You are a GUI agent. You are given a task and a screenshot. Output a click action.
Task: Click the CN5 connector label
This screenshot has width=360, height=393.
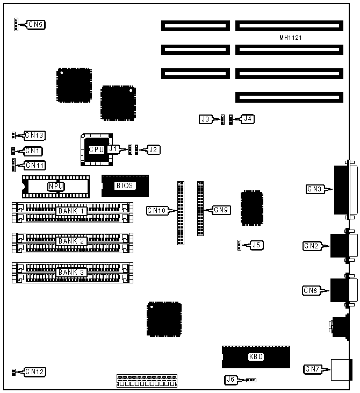[36, 24]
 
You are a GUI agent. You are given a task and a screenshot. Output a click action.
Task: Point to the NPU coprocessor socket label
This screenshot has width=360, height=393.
[55, 187]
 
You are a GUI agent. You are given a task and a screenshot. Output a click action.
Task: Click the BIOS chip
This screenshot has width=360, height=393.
[124, 186]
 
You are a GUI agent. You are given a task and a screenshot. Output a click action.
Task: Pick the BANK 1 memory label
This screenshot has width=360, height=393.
[71, 211]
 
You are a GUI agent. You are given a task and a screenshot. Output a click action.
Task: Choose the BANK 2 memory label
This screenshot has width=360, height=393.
[71, 241]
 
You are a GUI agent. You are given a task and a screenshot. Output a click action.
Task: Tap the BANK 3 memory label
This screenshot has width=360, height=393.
[71, 272]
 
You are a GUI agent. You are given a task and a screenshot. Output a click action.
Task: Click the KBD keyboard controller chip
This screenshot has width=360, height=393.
[256, 356]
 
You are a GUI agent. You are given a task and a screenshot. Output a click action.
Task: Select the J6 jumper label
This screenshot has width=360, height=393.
[231, 380]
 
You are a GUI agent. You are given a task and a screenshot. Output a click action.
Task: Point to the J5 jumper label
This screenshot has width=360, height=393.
[257, 245]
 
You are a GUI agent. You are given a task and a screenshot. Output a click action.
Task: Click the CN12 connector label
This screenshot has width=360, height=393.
[35, 371]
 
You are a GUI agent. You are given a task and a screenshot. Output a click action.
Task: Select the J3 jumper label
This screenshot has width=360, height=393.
[205, 119]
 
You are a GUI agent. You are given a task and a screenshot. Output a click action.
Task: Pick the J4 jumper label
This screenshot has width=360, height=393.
[247, 119]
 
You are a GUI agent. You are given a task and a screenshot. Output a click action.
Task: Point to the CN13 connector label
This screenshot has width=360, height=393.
[35, 135]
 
